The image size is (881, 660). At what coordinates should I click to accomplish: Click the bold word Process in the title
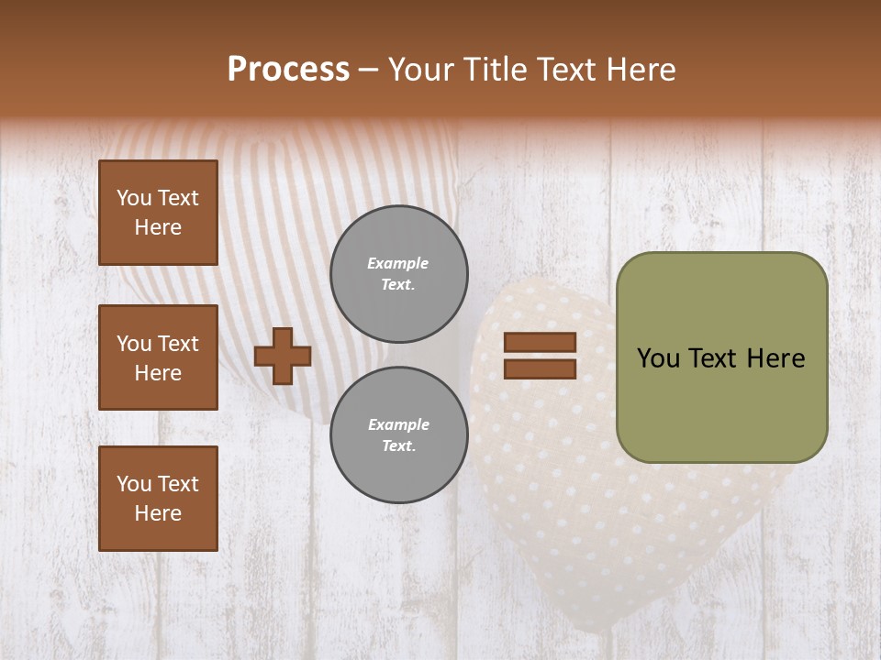coord(288,70)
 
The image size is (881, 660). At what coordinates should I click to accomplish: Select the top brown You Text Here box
coord(158,213)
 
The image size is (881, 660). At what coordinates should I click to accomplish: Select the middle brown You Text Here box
coord(158,357)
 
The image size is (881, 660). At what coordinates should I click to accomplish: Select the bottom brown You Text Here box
coord(158,498)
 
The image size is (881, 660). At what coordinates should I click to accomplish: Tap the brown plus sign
coord(282,356)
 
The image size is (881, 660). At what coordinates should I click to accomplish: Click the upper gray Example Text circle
coord(398,273)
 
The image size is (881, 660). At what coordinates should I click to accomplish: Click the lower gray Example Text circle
coord(398,434)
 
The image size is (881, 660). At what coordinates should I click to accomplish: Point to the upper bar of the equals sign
coord(540,343)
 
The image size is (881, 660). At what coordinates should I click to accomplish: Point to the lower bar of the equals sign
coord(540,368)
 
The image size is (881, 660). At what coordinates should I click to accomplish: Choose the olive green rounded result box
coord(721,357)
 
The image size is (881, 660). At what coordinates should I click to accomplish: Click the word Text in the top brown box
coord(178,198)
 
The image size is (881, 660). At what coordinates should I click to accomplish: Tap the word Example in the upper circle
coord(398,263)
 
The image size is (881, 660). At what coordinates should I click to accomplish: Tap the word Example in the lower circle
coord(398,424)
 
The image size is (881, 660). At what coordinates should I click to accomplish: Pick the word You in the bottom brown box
coord(134,484)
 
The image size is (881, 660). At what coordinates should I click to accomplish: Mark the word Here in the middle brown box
coord(158,373)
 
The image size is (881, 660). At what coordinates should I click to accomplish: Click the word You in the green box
coord(658,358)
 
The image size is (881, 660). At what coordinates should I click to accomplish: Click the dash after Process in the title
coord(368,70)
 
